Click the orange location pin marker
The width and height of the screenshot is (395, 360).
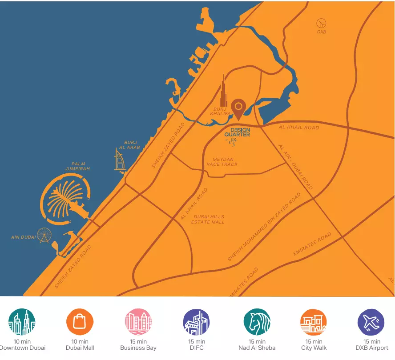(x=239, y=108)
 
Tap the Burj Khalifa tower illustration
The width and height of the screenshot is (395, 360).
(x=224, y=93)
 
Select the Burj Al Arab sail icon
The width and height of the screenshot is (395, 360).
(x=119, y=160)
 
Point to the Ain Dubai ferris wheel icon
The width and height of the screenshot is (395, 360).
(x=44, y=236)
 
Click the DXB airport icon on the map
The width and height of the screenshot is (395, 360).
(x=321, y=23)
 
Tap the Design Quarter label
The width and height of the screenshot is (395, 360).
(x=237, y=132)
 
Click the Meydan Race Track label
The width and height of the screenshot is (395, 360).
(x=222, y=162)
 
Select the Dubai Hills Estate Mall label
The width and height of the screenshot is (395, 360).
(x=208, y=219)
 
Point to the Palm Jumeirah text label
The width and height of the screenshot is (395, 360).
(x=77, y=166)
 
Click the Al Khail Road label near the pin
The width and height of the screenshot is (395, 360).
(x=299, y=128)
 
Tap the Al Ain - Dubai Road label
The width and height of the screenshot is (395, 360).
(x=296, y=167)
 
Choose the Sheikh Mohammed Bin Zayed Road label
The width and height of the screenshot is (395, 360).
(x=264, y=227)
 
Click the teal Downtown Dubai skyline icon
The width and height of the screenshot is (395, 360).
(x=21, y=322)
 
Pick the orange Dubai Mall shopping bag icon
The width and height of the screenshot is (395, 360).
(x=80, y=322)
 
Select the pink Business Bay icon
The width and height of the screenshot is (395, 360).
(x=138, y=322)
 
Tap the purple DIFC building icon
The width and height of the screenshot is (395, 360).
(x=196, y=322)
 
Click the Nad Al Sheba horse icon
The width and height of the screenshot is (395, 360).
(x=257, y=322)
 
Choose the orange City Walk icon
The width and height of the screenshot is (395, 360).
(x=314, y=322)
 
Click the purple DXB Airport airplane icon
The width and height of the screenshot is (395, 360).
(x=371, y=322)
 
